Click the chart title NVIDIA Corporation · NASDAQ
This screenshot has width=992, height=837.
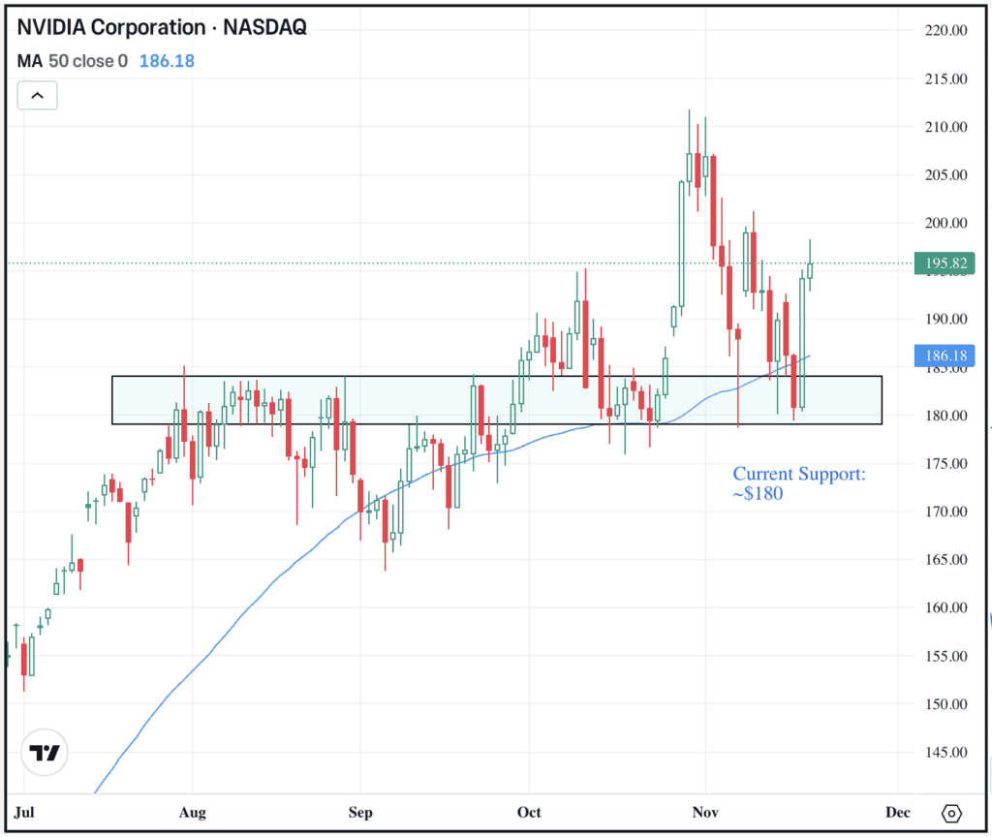coord(162,27)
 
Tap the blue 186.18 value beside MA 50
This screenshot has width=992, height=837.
coord(167,61)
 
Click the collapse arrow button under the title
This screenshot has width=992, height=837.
coord(37,95)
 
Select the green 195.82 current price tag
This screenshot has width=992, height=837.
coord(945,263)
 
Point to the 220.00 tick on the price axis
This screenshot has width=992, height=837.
coord(945,31)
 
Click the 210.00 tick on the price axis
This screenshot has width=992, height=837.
coord(945,127)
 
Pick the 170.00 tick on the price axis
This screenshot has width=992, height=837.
coord(945,511)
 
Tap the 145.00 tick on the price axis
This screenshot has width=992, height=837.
coord(945,752)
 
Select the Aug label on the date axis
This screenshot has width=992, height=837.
coord(194,812)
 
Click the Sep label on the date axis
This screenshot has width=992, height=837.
coord(360,812)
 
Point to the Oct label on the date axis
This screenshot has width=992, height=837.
coord(529,812)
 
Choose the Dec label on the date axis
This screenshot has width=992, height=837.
coord(898,812)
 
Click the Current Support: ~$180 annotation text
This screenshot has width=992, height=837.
coord(799,483)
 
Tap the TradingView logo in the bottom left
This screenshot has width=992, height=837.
coord(45,753)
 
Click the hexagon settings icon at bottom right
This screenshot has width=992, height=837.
coord(951,812)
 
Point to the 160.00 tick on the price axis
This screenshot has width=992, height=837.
coord(945,607)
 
